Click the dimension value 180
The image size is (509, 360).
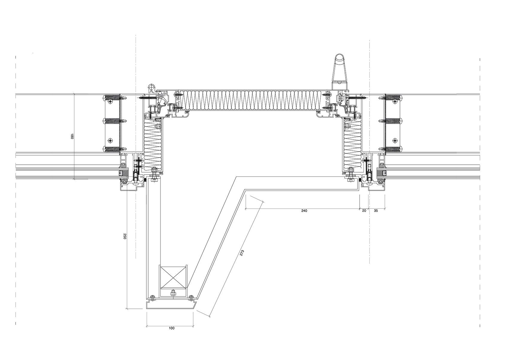point(72,137)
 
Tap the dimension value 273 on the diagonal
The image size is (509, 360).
point(242,253)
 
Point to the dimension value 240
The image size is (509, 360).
point(304,211)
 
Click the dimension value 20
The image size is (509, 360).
point(364,211)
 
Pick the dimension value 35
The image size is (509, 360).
point(376,211)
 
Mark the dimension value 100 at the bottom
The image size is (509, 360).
point(172,328)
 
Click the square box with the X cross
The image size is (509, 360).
point(173,277)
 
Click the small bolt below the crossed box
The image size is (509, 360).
point(173,293)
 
